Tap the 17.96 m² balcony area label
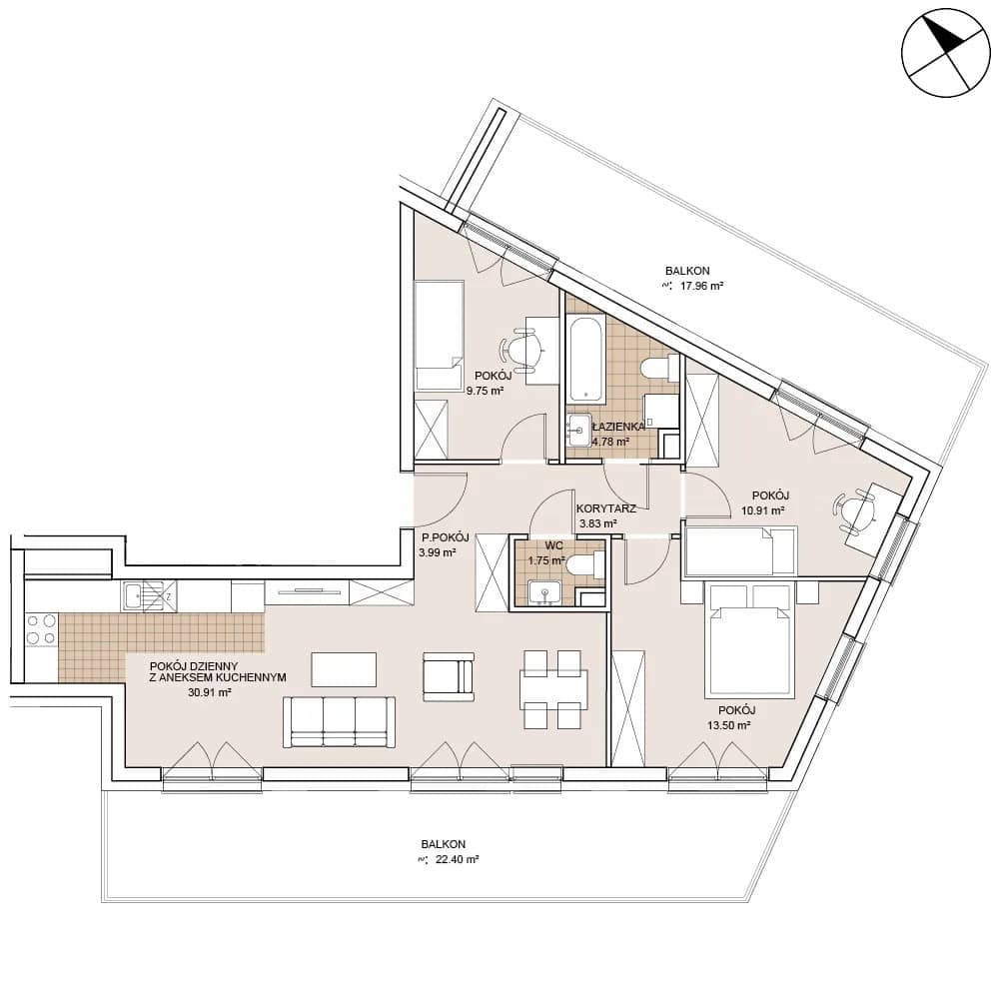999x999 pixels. tap(701, 286)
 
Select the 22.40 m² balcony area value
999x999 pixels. tap(457, 859)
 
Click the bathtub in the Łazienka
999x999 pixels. tap(586, 359)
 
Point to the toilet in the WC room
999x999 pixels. tap(583, 563)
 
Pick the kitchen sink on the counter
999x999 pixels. tap(142, 597)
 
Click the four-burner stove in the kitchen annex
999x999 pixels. tap(40, 628)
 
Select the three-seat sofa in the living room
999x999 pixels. tap(339, 722)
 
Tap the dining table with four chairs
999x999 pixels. tap(551, 689)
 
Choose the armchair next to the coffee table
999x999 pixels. tap(448, 673)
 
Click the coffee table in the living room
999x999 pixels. tap(344, 669)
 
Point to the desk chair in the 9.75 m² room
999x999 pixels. tap(521, 348)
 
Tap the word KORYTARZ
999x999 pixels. tap(606, 509)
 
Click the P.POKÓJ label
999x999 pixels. tap(445, 537)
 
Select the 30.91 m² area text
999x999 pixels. tap(209, 692)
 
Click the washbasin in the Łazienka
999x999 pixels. tap(579, 430)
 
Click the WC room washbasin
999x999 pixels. tap(545, 593)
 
